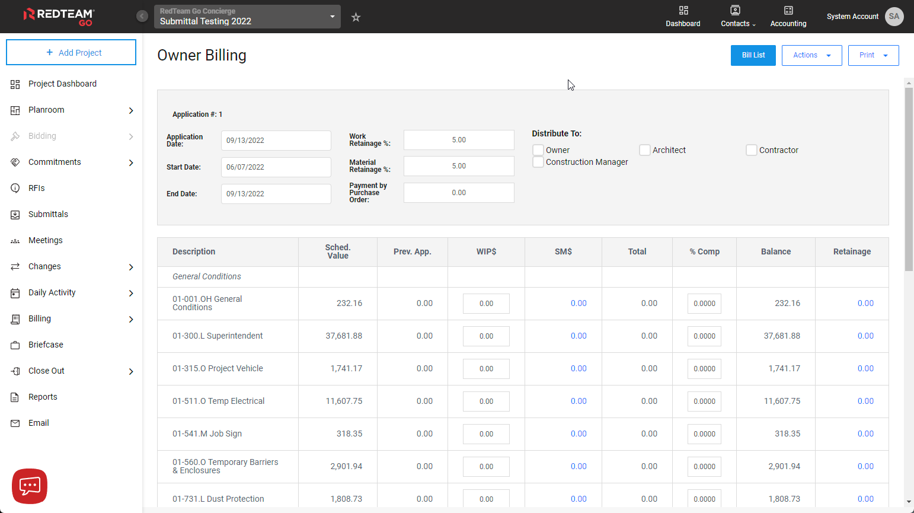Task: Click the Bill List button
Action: (753, 55)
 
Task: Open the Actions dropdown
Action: (811, 55)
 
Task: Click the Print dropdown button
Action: (873, 55)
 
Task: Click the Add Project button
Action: (71, 52)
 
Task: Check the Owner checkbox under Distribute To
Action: (538, 150)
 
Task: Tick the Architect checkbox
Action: (645, 150)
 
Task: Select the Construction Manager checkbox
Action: (538, 162)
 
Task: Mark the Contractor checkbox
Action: (752, 150)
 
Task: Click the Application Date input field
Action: (276, 141)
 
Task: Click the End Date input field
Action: (276, 194)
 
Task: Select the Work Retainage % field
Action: (459, 140)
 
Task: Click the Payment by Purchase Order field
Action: (459, 193)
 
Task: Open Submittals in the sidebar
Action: (48, 214)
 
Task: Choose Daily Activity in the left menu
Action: (52, 292)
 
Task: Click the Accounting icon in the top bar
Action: (788, 16)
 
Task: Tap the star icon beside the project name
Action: (356, 17)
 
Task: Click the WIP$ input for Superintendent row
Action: (486, 336)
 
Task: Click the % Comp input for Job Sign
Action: (704, 434)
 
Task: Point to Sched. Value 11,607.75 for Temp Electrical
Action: (344, 401)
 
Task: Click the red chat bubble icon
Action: (30, 486)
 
